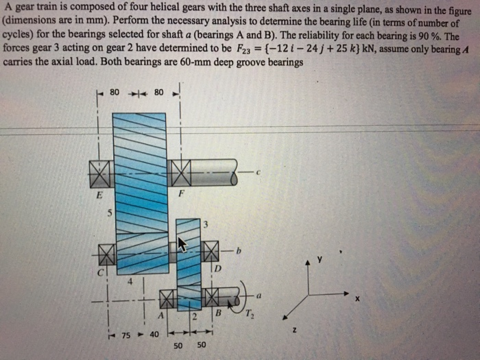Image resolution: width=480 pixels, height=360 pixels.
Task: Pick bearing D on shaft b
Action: pos(211,250)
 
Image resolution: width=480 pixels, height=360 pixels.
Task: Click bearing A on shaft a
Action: pos(168,299)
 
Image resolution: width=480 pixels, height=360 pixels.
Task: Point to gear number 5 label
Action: pos(108,212)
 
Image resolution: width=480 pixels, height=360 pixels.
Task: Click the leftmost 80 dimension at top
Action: pos(115,91)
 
